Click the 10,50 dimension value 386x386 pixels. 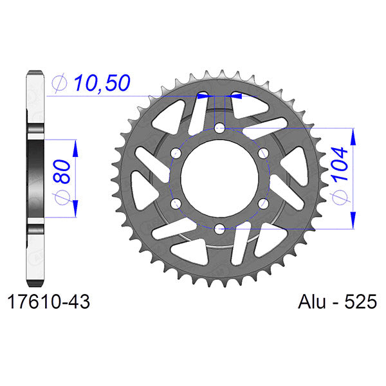[102, 82]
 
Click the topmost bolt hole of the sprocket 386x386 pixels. [219, 129]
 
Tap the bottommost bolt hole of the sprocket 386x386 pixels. [219, 228]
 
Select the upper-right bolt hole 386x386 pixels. [262, 154]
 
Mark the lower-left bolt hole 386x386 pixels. [176, 203]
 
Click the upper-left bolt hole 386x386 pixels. [176, 154]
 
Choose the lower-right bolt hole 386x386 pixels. [262, 203]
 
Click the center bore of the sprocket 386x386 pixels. [219, 179]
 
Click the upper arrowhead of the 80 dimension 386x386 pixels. [75, 147]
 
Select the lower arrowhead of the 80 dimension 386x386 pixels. [75, 209]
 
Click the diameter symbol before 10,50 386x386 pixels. [59, 83]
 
